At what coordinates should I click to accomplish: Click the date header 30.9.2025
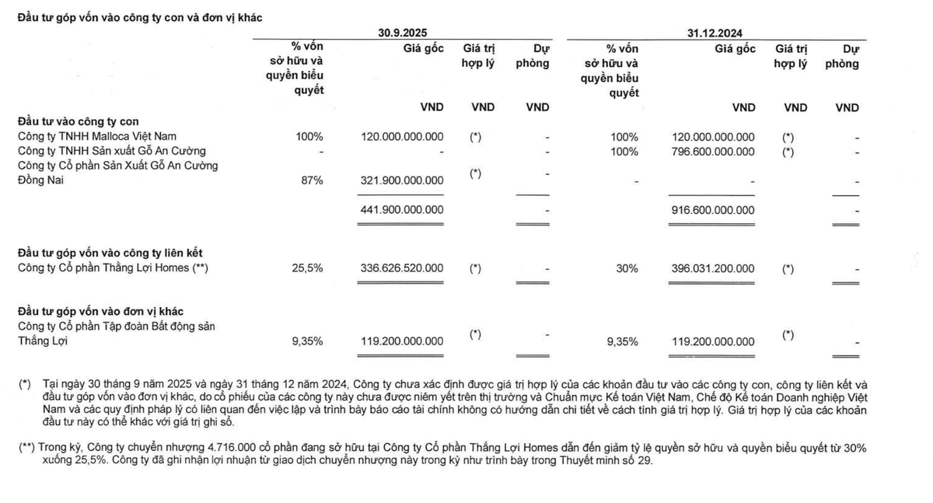[x=402, y=33]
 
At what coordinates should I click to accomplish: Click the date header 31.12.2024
[x=715, y=33]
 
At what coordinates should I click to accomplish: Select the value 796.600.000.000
[x=712, y=151]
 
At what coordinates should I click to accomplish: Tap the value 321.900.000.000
[x=402, y=180]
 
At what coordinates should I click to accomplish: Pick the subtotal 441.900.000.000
[x=402, y=209]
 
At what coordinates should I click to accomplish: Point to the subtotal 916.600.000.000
[x=712, y=209]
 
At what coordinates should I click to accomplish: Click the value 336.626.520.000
[x=402, y=268]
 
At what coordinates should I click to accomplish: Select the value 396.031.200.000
[x=712, y=268]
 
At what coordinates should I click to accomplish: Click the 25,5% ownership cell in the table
[x=308, y=268]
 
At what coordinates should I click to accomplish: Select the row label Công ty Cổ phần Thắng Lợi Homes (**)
[x=114, y=268]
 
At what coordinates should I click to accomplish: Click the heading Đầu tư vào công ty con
[x=78, y=121]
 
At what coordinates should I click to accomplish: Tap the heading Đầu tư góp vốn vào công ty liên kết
[x=110, y=253]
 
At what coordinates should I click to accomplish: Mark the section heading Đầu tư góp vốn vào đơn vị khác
[x=100, y=312]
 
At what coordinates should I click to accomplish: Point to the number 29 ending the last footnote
[x=647, y=461]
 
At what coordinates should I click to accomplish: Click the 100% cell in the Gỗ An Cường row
[x=623, y=151]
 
